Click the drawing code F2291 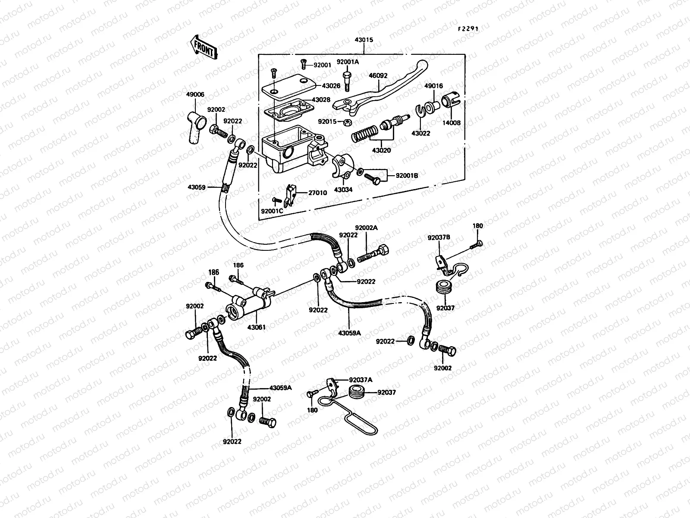(468, 17)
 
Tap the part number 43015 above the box (364, 40)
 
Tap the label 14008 (452, 123)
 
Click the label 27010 (318, 193)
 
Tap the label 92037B (439, 237)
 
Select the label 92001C (272, 211)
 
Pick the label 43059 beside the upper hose (197, 187)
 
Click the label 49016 (433, 86)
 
